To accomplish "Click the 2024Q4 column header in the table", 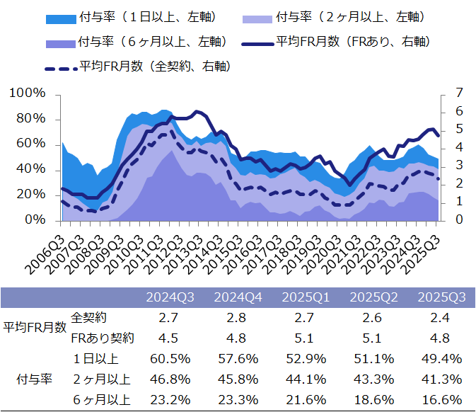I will click(x=238, y=297).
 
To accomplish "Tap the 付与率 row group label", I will click(x=33, y=378).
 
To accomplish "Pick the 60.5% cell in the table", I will click(x=170, y=358).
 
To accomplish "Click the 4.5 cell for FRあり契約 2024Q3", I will click(x=170, y=337).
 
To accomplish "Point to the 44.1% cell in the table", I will click(x=306, y=379).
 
